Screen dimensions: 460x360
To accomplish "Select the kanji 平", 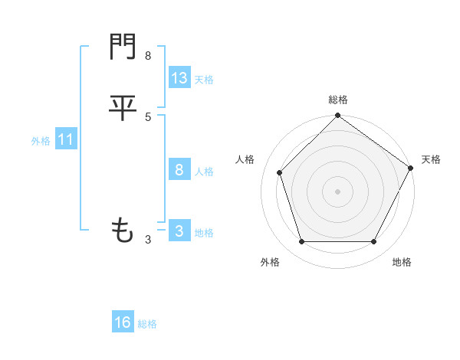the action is [x=123, y=107].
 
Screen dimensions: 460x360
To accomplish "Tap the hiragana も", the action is [x=123, y=230].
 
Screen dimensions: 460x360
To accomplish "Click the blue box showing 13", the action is [x=179, y=78].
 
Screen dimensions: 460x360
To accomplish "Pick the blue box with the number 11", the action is [x=66, y=139].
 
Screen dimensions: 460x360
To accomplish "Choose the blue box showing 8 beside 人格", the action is [x=179, y=170].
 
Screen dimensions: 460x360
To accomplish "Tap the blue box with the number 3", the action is [x=179, y=231].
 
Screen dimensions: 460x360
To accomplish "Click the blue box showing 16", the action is [x=123, y=322].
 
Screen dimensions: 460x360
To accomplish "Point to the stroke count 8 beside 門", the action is [x=148, y=56].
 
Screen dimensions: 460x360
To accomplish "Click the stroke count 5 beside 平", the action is [x=148, y=117].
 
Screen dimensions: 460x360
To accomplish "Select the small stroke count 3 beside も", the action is [x=148, y=240].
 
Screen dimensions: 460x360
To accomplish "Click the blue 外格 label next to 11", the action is [x=41, y=141].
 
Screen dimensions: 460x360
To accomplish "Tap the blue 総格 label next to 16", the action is [x=147, y=324].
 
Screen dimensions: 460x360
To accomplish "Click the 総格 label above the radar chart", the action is [x=338, y=100].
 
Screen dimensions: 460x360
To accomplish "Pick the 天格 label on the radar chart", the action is [x=431, y=159].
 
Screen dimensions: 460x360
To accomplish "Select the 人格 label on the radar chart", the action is [x=245, y=159].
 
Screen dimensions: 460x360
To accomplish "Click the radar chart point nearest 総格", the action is [x=338, y=116].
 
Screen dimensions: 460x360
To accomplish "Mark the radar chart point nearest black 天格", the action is [x=410, y=168].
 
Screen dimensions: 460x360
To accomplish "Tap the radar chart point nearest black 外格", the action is [x=301, y=242].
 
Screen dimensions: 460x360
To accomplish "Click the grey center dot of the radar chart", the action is [x=338, y=191].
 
